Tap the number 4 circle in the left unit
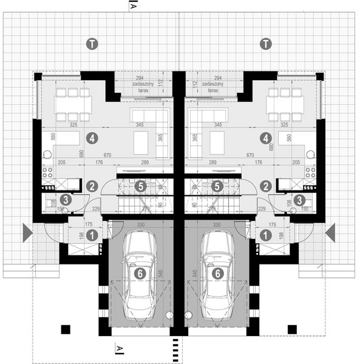[92, 138]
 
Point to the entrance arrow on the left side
[27, 232]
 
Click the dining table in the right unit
[285, 104]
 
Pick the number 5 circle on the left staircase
[140, 186]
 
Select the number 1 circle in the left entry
[92, 234]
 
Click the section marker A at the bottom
[120, 348]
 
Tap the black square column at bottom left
[66, 329]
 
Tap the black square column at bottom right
[292, 329]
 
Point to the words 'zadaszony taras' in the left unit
[143, 87]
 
